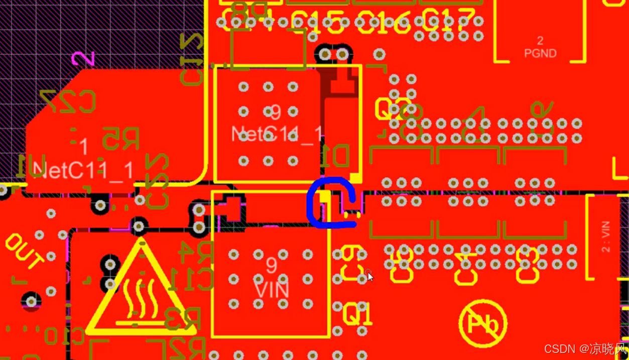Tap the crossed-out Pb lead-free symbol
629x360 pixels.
(x=482, y=323)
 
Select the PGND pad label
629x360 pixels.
(x=540, y=53)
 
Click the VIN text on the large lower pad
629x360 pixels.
(x=272, y=290)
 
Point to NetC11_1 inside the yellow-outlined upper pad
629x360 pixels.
(x=277, y=134)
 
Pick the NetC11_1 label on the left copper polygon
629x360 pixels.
(x=84, y=171)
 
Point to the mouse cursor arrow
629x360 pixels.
(x=369, y=276)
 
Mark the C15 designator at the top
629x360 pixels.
(x=317, y=21)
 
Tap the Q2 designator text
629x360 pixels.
(x=393, y=108)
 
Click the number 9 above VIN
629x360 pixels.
(x=271, y=264)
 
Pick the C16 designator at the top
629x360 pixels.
(x=384, y=22)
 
